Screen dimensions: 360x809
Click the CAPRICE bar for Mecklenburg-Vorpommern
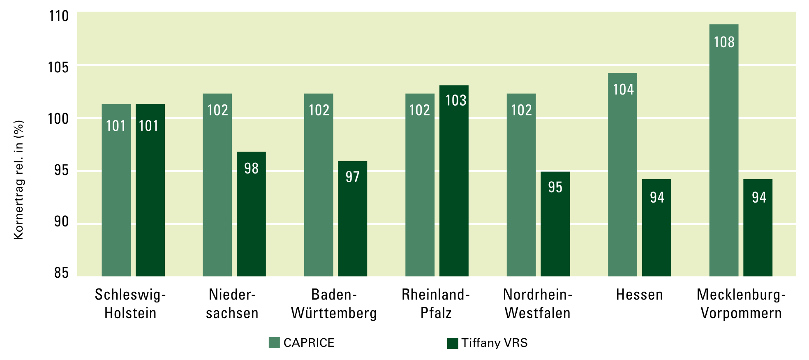click(x=723, y=150)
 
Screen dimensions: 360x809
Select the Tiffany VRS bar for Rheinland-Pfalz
click(x=454, y=181)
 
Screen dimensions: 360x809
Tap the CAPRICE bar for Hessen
click(x=622, y=175)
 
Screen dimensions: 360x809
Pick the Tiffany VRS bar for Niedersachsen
click(x=251, y=214)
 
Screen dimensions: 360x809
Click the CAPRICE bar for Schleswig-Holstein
click(x=116, y=190)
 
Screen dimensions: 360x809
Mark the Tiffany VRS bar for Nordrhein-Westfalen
click(x=555, y=224)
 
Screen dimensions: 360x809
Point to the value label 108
click(x=724, y=42)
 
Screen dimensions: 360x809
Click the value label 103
click(x=456, y=100)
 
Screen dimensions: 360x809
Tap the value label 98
click(x=251, y=168)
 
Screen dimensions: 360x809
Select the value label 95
click(x=555, y=187)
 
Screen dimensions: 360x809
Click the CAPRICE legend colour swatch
click(x=274, y=343)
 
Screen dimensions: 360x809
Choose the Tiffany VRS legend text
click(x=494, y=343)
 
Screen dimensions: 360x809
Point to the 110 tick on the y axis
click(x=59, y=16)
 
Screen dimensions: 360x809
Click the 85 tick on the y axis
click(x=61, y=273)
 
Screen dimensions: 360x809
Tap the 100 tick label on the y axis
click(x=58, y=119)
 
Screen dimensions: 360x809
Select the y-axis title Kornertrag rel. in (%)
click(x=18, y=180)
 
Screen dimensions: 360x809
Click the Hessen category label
click(x=639, y=295)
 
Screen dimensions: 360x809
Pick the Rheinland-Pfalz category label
click(x=436, y=304)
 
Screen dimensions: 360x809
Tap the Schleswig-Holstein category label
click(x=130, y=304)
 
